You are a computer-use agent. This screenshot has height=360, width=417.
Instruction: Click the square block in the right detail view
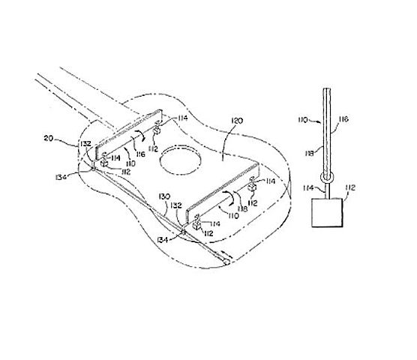pos(327,214)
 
